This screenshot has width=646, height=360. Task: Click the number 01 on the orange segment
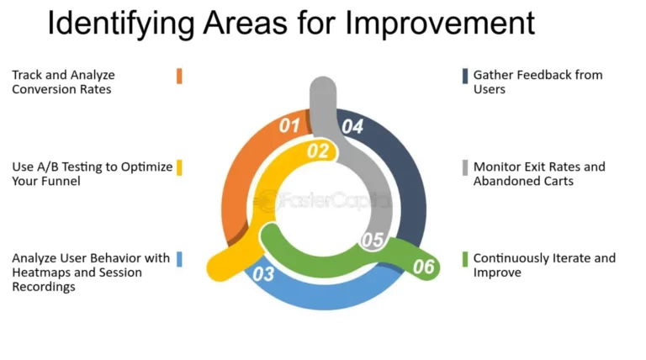(289, 127)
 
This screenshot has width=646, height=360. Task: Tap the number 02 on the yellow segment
(317, 151)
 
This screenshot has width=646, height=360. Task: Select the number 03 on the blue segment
(263, 273)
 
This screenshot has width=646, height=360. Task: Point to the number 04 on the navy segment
(352, 127)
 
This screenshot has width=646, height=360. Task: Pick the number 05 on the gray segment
(373, 240)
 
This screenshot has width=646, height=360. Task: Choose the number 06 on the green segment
(423, 267)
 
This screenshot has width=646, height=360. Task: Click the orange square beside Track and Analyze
(179, 76)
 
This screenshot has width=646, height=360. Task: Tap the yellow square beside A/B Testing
(179, 167)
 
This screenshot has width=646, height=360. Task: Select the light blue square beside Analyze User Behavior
(179, 258)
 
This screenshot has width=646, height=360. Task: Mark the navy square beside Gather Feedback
(464, 76)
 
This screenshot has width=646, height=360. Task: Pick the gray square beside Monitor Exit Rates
(464, 167)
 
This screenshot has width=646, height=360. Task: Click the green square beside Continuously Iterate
(464, 258)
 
